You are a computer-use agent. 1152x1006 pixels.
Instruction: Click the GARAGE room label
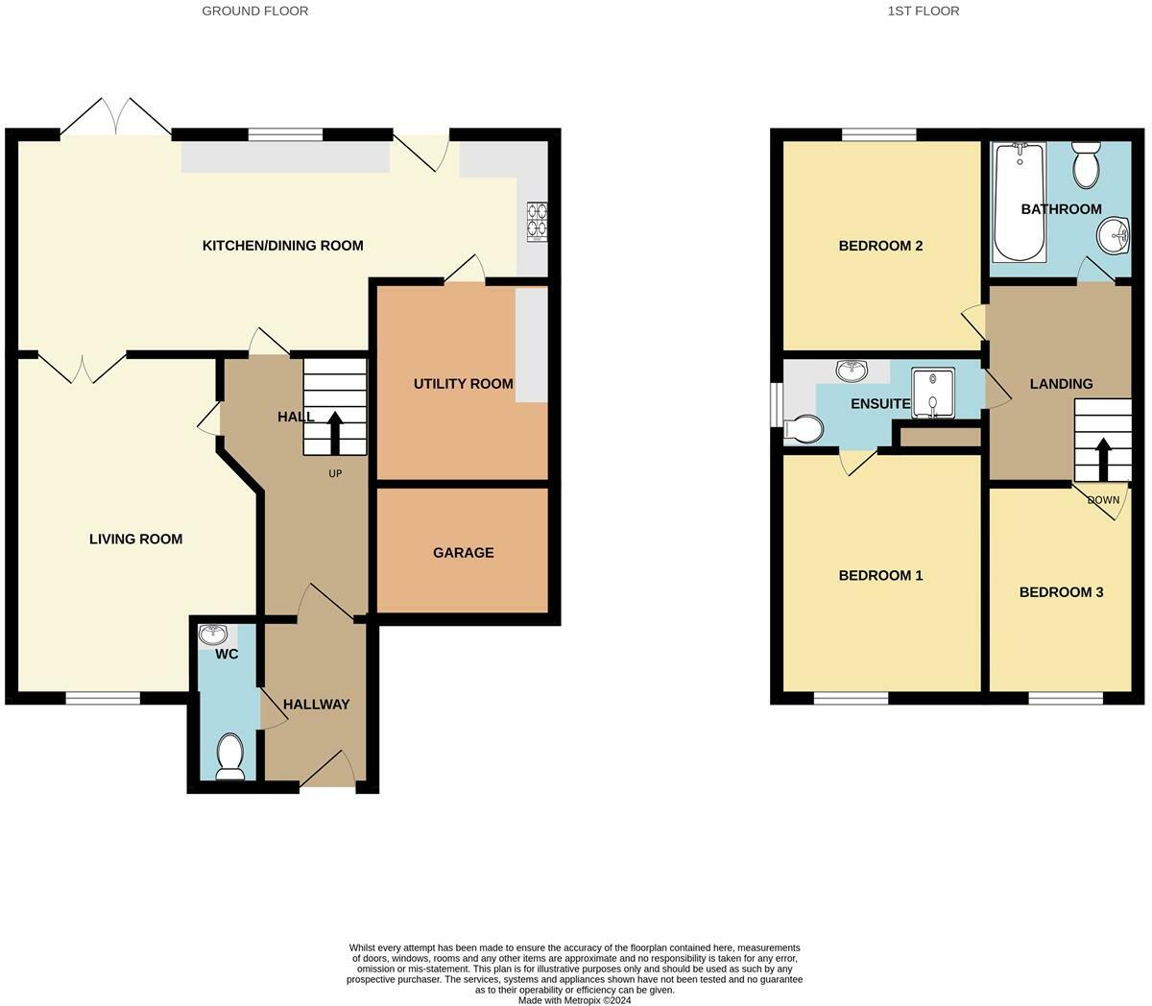(463, 553)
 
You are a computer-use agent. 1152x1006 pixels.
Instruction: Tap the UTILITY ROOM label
(463, 384)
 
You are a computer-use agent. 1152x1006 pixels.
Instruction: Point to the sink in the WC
(213, 635)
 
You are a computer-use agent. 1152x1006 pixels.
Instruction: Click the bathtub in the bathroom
(1020, 203)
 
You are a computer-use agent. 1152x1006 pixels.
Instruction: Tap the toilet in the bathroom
(1086, 164)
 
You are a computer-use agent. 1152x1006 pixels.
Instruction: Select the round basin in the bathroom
(1114, 236)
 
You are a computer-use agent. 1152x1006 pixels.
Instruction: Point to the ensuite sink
(852, 371)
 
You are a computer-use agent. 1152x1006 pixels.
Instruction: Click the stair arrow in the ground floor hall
(335, 432)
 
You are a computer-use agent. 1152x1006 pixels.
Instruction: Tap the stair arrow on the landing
(1102, 459)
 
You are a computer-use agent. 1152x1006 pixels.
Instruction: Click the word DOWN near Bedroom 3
(1103, 500)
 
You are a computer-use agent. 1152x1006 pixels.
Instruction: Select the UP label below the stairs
(335, 473)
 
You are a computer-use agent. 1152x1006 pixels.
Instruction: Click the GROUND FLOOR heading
(255, 12)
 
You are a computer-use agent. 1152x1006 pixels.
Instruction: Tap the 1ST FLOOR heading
(924, 12)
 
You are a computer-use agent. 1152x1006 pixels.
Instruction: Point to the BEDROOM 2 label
(880, 246)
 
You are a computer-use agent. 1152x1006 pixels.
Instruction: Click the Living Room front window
(103, 699)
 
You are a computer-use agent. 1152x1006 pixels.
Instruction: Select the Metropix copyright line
(574, 1000)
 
